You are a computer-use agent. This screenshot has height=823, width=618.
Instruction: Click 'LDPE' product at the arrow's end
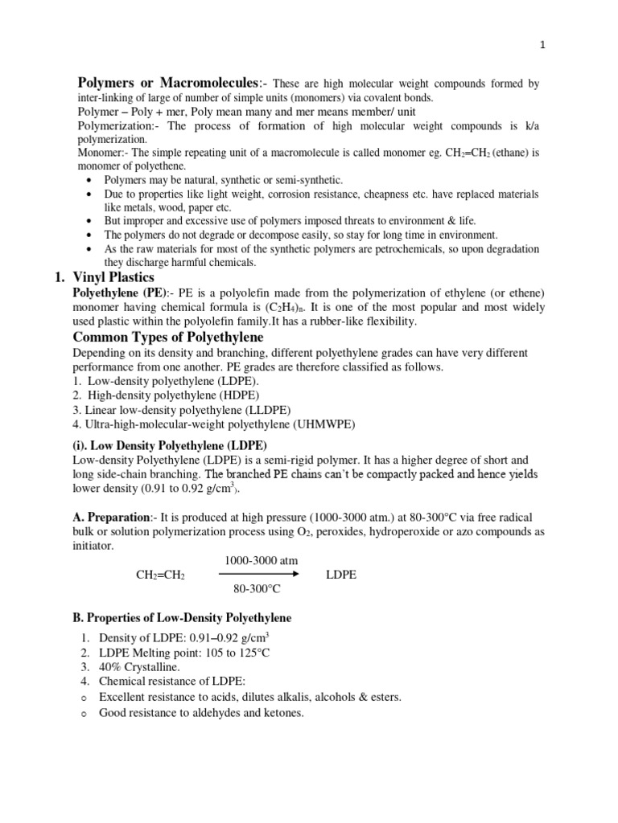[340, 575]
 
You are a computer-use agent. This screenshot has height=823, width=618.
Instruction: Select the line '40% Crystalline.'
[139, 667]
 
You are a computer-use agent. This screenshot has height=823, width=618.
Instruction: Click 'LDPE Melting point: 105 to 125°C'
[184, 653]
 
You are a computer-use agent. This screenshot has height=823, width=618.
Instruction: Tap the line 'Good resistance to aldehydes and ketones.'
[201, 712]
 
